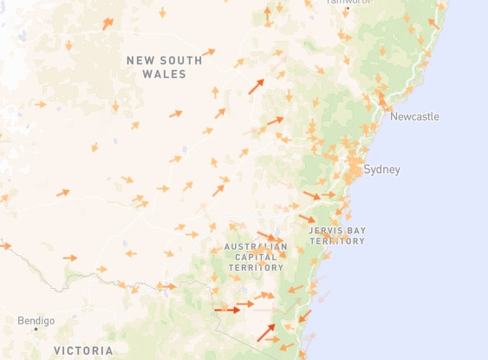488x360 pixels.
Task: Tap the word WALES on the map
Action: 164,75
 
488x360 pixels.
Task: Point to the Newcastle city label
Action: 414,116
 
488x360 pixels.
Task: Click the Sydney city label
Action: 382,169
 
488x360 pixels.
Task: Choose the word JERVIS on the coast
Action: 324,231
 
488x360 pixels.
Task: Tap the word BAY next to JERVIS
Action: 355,231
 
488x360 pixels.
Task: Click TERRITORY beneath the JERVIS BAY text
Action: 336,241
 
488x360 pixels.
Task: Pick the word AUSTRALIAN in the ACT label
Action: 255,246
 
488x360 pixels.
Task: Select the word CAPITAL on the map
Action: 255,257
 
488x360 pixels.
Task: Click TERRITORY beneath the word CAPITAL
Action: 255,267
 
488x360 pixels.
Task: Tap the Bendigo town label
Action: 36,320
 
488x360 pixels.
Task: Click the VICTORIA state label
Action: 83,350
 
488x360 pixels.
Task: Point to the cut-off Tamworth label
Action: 348,3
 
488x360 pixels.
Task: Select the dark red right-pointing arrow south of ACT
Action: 227,309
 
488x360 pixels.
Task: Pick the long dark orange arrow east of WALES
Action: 256,86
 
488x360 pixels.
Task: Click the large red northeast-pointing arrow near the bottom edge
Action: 266,331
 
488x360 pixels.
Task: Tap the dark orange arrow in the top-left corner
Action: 107,23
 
